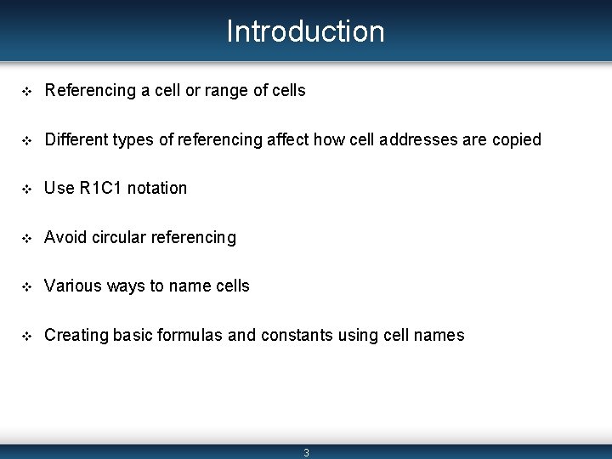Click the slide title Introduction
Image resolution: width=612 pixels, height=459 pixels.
pos(305,31)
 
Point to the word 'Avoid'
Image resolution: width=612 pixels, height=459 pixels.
pos(64,237)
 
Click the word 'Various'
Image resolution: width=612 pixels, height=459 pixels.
pos(71,286)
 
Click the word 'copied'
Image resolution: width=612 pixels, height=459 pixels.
pos(516,140)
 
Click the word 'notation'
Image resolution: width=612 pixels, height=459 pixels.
pos(157,188)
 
